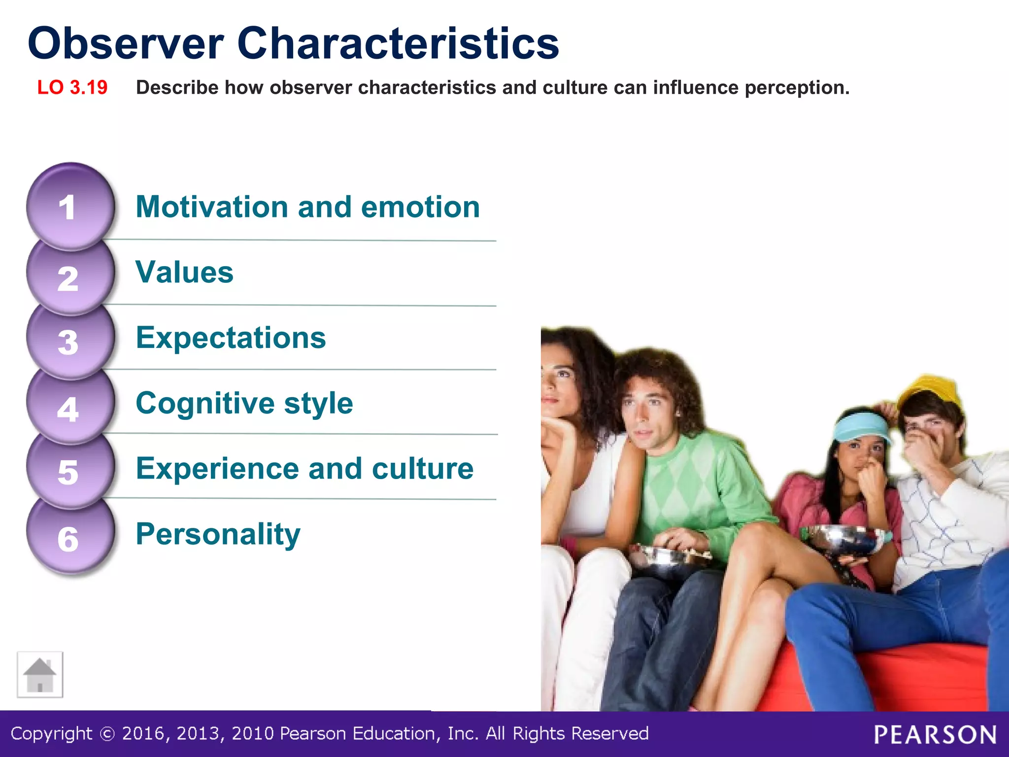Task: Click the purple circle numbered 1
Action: click(70, 207)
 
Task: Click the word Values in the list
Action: click(184, 273)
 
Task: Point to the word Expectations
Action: click(231, 338)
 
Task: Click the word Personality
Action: click(218, 534)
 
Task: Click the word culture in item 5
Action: click(423, 469)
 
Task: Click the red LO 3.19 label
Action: click(72, 88)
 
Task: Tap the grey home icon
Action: click(40, 675)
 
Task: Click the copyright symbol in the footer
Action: click(107, 734)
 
